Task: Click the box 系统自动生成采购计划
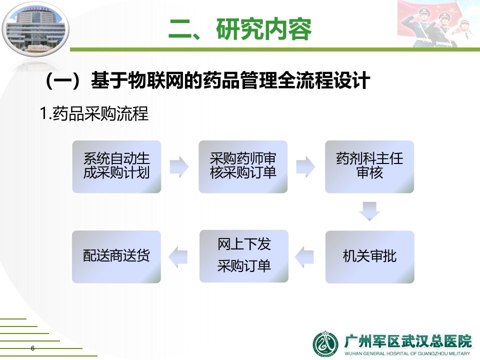[x=116, y=166]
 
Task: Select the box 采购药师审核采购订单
[x=243, y=166]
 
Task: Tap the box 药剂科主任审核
[x=369, y=166]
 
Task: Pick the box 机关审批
[x=370, y=256]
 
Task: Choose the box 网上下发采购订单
[x=244, y=256]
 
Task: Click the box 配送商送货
[x=116, y=256]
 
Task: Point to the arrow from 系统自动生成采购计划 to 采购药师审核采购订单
[x=179, y=167]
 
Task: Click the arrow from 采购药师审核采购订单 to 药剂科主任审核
[x=305, y=167]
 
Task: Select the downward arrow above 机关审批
[x=369, y=211]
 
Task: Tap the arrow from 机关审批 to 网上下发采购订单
[x=304, y=256]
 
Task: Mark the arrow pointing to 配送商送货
[x=178, y=256]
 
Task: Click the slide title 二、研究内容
[x=240, y=29]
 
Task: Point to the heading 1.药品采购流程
[x=94, y=113]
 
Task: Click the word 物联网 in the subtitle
[x=155, y=80]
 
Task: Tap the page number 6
[x=33, y=348]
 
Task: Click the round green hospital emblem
[x=325, y=344]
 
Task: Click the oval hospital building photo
[x=35, y=28]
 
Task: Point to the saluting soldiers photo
[x=438, y=24]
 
